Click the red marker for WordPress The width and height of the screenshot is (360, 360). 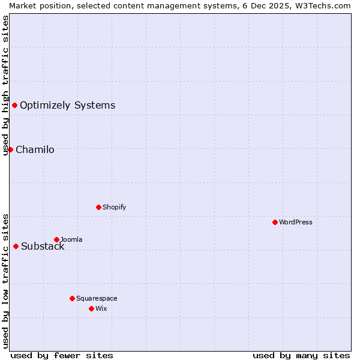pyautogui.click(x=275, y=222)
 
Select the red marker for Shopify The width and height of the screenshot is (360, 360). pyautogui.click(x=98, y=207)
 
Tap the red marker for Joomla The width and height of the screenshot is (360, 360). pyautogui.click(x=56, y=239)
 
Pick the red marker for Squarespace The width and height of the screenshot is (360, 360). pyautogui.click(x=72, y=298)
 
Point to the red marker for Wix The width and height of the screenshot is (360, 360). pyautogui.click(x=91, y=308)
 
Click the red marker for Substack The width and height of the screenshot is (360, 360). pyautogui.click(x=16, y=246)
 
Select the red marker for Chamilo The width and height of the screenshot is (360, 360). pyautogui.click(x=10, y=149)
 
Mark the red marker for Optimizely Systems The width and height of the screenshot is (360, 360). pyautogui.click(x=14, y=105)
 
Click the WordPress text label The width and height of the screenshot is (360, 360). pyautogui.click(x=296, y=222)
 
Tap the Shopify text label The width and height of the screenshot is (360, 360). pyautogui.click(x=114, y=207)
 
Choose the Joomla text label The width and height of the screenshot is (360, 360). pyautogui.click(x=71, y=239)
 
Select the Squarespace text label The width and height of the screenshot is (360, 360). pyautogui.click(x=97, y=298)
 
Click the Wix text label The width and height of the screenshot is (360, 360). pyautogui.click(x=101, y=308)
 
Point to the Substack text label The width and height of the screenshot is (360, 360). pyautogui.click(x=43, y=246)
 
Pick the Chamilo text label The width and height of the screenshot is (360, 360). pyautogui.click(x=35, y=149)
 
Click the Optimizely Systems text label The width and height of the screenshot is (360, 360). pyautogui.click(x=67, y=105)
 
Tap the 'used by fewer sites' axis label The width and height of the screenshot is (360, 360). pyautogui.click(x=62, y=355)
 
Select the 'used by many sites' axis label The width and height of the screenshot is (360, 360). pyautogui.click(x=301, y=355)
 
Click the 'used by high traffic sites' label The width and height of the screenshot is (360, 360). pyautogui.click(x=5, y=85)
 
